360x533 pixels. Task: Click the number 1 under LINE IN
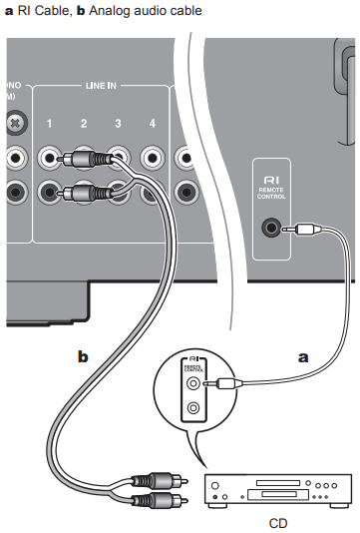48,123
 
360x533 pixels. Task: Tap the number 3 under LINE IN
118,123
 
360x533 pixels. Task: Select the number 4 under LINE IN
152,123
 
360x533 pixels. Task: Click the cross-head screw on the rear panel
14,123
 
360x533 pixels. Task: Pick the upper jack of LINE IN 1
48,157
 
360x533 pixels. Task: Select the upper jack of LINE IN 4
152,157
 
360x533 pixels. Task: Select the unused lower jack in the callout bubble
192,407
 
